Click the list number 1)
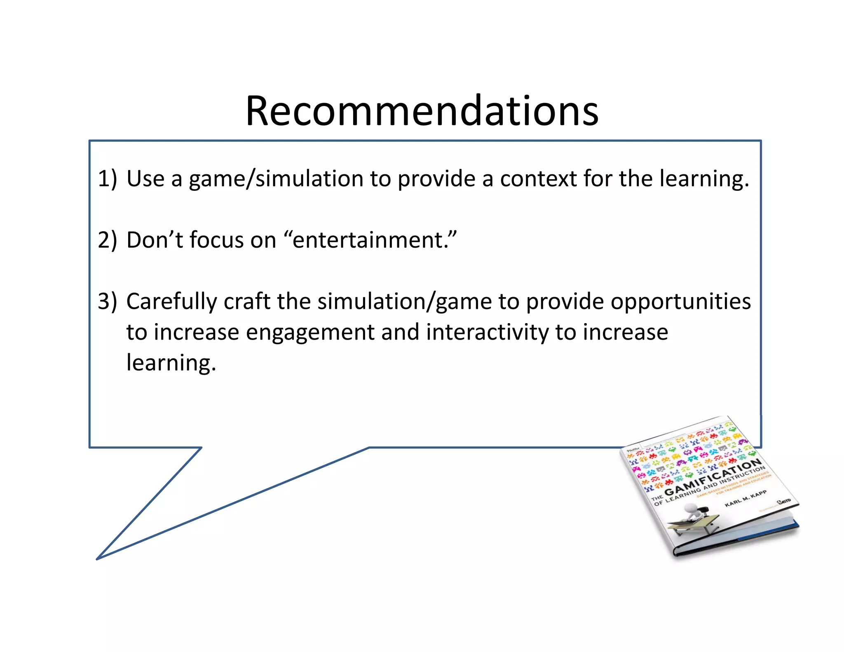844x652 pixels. point(107,179)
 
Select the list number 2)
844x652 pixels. point(107,240)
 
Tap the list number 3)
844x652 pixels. point(107,301)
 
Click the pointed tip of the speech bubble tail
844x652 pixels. point(97,558)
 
